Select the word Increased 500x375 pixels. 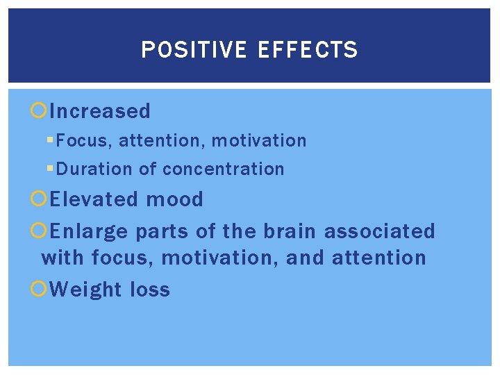(100, 111)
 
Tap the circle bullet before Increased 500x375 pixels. (40, 111)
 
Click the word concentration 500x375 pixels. (223, 169)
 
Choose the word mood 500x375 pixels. (174, 199)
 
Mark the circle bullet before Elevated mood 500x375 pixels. (40, 199)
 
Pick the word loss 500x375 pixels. (150, 289)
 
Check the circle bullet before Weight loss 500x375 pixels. (40, 289)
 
